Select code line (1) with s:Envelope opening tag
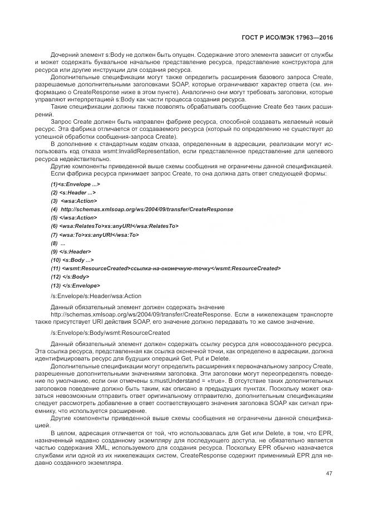click(x=75, y=184)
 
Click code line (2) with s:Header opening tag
click(x=70, y=192)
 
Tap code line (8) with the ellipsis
click(x=58, y=243)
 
